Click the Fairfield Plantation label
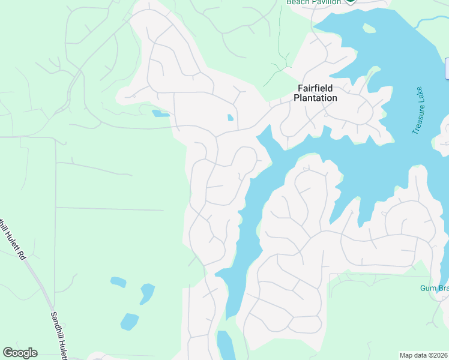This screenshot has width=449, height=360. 315,93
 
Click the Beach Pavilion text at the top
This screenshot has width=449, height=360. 313,2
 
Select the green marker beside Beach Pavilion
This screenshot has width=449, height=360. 350,2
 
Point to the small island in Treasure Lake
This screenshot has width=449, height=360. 369,28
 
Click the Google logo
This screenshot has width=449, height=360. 20,353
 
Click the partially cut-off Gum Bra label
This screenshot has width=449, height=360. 434,289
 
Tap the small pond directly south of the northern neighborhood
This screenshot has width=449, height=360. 160,113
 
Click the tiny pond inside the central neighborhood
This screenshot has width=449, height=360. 231,118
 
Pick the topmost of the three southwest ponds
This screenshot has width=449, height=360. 119,281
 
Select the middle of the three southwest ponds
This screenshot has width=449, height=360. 146,293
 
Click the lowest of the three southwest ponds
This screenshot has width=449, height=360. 129,322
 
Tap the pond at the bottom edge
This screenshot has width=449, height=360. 226,346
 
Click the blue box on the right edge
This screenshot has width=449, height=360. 447,68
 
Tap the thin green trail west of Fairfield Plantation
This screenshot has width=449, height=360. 277,72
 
